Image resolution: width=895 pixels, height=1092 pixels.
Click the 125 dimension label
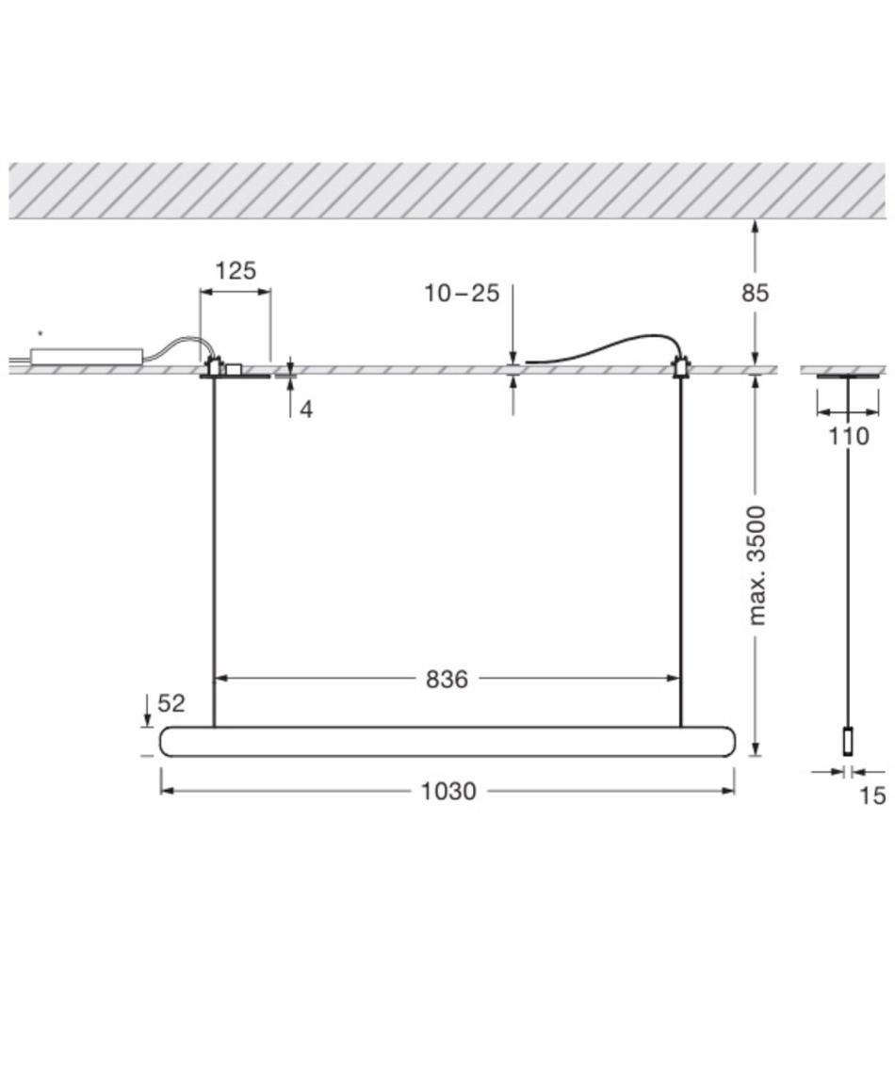pyautogui.click(x=236, y=270)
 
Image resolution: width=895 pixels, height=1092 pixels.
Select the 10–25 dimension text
pyautogui.click(x=463, y=293)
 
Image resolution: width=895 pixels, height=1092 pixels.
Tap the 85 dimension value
pyautogui.click(x=755, y=293)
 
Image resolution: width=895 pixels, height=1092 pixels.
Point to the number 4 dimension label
pyautogui.click(x=306, y=409)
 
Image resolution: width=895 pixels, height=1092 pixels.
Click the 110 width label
pyautogui.click(x=848, y=437)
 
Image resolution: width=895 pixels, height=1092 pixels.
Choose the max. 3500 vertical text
pyautogui.click(x=757, y=566)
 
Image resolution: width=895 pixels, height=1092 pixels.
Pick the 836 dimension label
pyautogui.click(x=447, y=679)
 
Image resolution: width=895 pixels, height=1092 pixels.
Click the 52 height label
pyautogui.click(x=171, y=703)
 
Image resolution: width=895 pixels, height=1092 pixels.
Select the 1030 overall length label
pyautogui.click(x=448, y=791)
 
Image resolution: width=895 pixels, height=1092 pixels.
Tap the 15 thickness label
pyautogui.click(x=872, y=795)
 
